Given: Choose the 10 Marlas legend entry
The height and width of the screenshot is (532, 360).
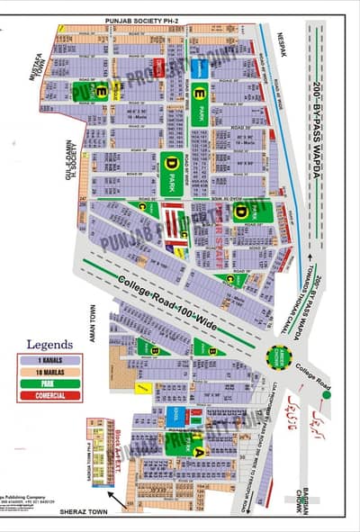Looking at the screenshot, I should tap(49, 372).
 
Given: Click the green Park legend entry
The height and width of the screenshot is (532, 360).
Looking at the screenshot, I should tap(49, 383).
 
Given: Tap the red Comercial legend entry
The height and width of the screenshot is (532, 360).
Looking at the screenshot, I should tap(49, 395).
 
